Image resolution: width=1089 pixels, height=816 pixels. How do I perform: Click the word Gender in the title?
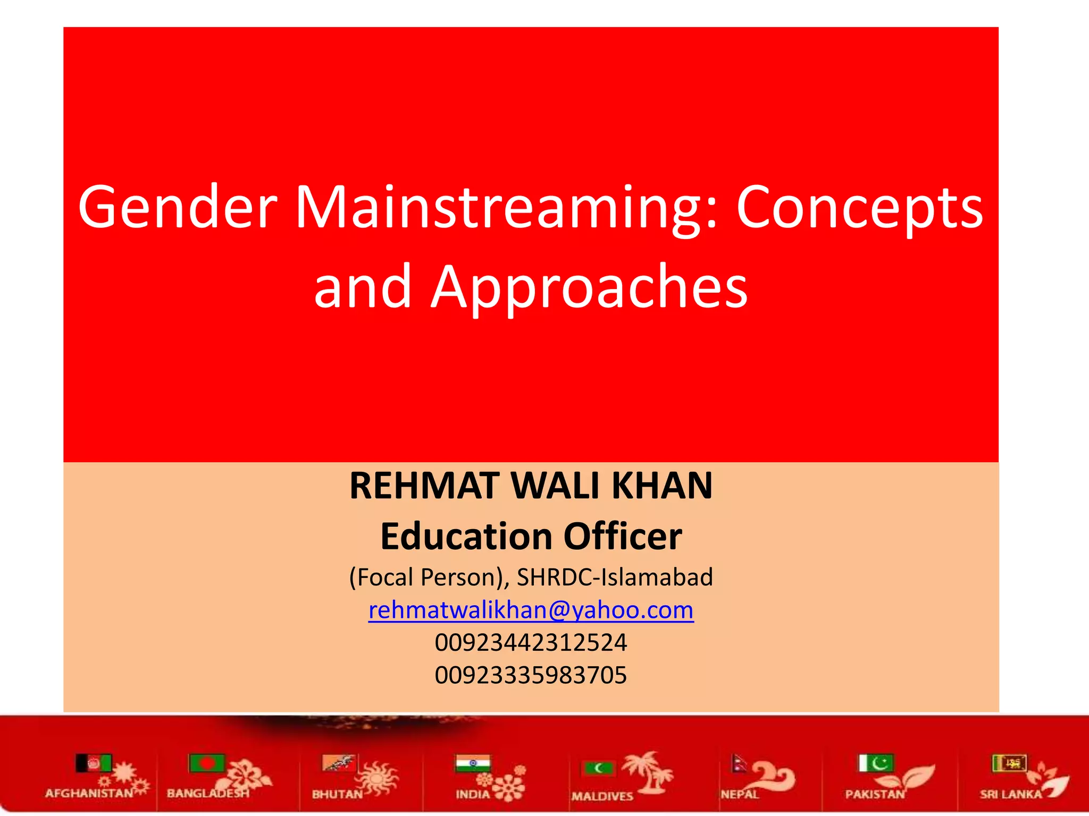click(178, 208)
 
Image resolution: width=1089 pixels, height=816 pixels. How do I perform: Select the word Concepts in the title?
click(859, 208)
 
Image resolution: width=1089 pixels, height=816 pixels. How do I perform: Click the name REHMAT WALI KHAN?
click(531, 486)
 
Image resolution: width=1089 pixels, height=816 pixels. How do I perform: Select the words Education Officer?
click(531, 536)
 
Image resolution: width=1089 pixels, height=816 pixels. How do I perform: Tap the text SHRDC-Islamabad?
click(615, 577)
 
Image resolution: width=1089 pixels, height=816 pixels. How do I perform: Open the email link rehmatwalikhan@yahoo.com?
click(531, 610)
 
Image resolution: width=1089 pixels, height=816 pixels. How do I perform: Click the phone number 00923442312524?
click(531, 642)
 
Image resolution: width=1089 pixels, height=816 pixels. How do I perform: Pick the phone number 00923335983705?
click(531, 675)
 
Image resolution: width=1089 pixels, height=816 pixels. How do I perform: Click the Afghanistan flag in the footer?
click(94, 764)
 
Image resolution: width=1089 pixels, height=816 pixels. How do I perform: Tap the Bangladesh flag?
click(207, 763)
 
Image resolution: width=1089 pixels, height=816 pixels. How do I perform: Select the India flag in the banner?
click(473, 764)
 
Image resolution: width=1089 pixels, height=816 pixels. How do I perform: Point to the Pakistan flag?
click(876, 763)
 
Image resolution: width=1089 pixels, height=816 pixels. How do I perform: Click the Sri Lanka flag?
click(1009, 763)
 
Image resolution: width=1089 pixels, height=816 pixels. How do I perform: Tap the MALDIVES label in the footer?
click(602, 796)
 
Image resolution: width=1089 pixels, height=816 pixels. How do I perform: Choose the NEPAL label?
click(739, 794)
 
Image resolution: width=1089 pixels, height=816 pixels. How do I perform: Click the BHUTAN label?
click(337, 794)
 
